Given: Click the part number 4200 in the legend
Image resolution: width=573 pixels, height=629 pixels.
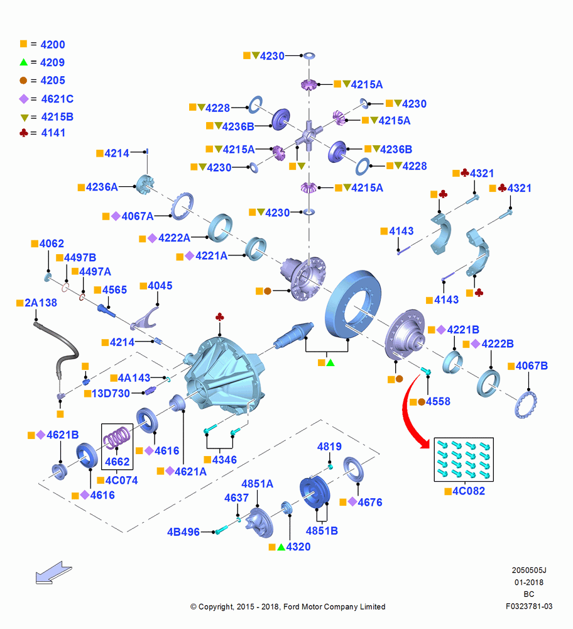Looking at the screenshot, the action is (53, 45).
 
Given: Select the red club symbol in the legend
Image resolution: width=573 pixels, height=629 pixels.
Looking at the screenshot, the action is (24, 132).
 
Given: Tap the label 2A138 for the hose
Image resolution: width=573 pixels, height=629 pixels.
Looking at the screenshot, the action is (41, 303).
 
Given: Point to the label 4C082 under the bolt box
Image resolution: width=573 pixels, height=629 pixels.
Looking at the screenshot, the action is (469, 491).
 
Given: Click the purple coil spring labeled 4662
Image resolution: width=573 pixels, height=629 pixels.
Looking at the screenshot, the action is (117, 437).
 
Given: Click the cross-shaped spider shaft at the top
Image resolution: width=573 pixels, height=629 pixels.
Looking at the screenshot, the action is (308, 136).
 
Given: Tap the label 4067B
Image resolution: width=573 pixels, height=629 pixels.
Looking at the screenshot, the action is (532, 366).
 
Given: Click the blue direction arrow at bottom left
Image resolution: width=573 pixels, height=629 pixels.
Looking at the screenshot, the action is (53, 572).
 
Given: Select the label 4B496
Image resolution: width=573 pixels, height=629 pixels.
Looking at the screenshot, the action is (183, 532).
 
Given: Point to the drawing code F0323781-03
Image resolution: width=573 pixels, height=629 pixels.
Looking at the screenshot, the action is (529, 606).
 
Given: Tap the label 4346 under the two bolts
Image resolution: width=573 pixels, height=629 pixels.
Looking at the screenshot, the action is (224, 460).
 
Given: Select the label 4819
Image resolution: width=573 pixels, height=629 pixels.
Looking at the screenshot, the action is (329, 447).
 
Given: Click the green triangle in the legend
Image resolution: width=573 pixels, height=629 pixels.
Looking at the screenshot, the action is (24, 62).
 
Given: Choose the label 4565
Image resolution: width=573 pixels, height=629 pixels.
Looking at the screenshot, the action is (114, 289).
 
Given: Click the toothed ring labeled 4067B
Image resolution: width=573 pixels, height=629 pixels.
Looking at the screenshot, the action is (526, 404).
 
